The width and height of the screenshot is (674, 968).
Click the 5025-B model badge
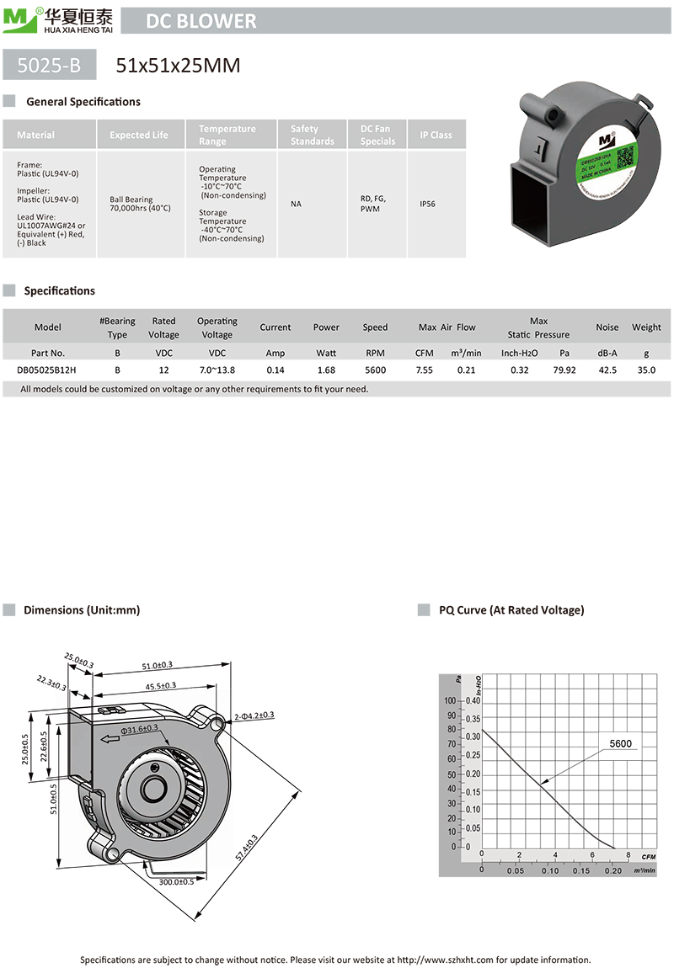[x=50, y=65]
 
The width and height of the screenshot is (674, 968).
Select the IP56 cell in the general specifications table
[x=427, y=204]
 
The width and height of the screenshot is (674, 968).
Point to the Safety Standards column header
[x=312, y=135]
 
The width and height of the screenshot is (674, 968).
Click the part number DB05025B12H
[x=47, y=370]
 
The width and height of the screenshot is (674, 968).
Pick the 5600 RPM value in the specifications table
[x=375, y=370]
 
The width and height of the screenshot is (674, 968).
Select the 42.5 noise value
[x=607, y=370]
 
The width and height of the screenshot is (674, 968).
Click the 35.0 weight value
[x=646, y=370]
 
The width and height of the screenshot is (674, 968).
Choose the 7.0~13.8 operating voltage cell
[x=217, y=370]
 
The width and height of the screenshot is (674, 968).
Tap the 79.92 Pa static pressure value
[x=564, y=370]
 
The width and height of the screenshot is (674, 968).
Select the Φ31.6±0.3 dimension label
[x=139, y=729]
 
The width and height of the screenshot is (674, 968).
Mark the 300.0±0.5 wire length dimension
[x=176, y=881]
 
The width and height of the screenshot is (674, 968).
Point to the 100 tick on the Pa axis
[x=449, y=700]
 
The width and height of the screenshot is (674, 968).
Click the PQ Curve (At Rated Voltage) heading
[x=511, y=609]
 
